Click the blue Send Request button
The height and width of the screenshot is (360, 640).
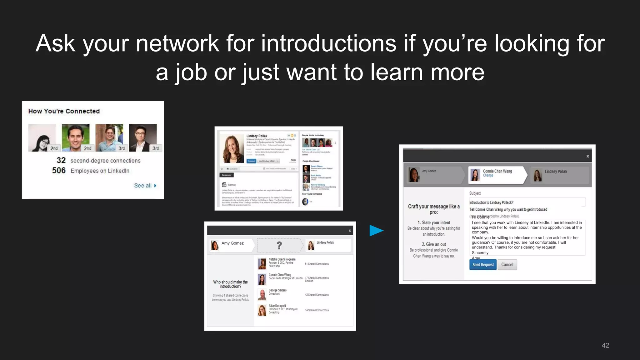pyautogui.click(x=482, y=265)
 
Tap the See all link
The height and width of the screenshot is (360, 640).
pyautogui.click(x=145, y=186)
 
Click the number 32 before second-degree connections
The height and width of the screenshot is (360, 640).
pyautogui.click(x=61, y=161)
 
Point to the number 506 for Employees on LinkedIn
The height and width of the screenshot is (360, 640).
pyautogui.click(x=59, y=171)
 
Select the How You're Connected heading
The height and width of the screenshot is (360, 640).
pyautogui.click(x=64, y=111)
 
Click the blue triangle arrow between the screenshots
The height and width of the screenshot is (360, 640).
pyautogui.click(x=376, y=231)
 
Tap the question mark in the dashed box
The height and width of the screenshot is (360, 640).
pyautogui.click(x=279, y=245)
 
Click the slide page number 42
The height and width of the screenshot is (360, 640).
pyautogui.click(x=605, y=345)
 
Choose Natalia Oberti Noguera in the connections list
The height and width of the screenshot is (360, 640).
pyautogui.click(x=282, y=259)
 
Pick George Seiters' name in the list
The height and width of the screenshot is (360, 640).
pyautogui.click(x=277, y=290)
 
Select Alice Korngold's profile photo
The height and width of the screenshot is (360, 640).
pyautogui.click(x=262, y=310)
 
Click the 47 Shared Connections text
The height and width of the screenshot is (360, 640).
pyautogui.click(x=317, y=278)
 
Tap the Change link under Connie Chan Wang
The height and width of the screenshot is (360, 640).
pyautogui.click(x=488, y=176)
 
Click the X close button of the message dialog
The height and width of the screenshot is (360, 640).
pyautogui.click(x=587, y=156)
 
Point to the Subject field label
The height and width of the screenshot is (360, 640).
pyautogui.click(x=475, y=193)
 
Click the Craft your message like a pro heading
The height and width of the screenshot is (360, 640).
pyautogui.click(x=434, y=209)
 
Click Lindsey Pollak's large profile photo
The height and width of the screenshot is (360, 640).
pyautogui.click(x=232, y=149)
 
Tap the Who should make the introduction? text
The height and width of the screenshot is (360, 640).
pyautogui.click(x=230, y=284)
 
